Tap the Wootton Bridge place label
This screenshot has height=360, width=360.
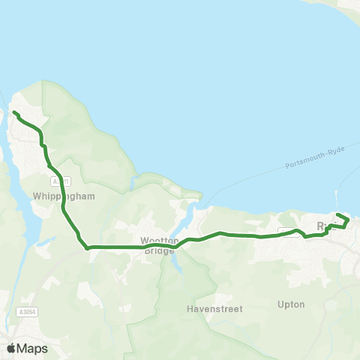point(160,245)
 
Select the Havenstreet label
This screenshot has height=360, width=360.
point(207,308)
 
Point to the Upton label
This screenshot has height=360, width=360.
point(290,304)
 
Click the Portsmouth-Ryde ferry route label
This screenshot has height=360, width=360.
point(315,158)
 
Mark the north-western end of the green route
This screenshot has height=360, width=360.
point(14,113)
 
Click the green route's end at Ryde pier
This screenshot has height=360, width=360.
point(337,215)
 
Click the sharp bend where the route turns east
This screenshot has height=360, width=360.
point(87,246)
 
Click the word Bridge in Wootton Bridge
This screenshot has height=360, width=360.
point(160,250)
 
